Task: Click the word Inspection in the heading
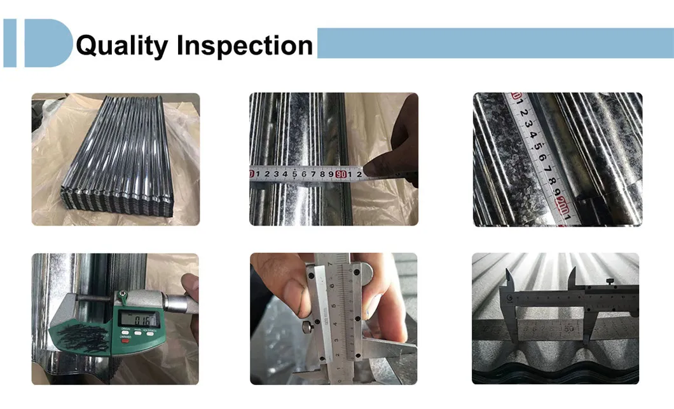pyautogui.click(x=245, y=46)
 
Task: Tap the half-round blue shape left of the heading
pyautogui.click(x=48, y=43)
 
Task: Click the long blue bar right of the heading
pyautogui.click(x=495, y=43)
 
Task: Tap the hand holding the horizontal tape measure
pyautogui.click(x=397, y=152)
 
